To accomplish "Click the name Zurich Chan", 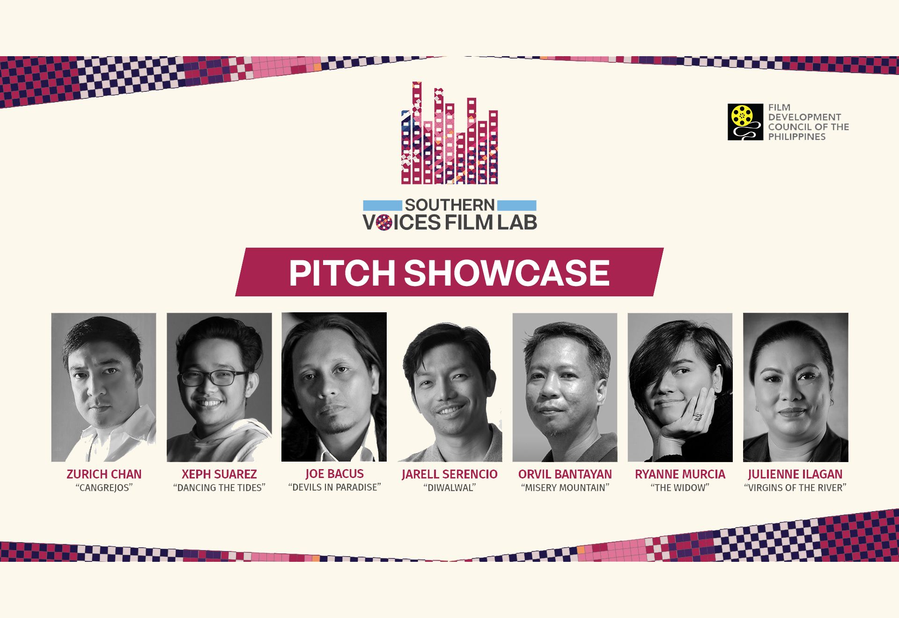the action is [104, 474].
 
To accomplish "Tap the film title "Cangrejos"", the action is [104, 488].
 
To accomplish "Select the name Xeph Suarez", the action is [219, 474].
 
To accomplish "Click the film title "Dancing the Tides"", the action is [219, 488].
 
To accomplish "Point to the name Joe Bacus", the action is [334, 474].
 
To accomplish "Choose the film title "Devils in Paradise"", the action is [334, 487].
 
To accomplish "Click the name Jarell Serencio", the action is [449, 474].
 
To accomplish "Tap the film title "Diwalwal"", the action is [449, 488].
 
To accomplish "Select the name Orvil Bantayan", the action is [565, 474].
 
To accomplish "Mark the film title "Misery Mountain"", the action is [565, 488].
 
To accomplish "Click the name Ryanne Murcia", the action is [680, 474].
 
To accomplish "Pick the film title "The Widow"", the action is [680, 488].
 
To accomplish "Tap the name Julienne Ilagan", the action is [795, 474].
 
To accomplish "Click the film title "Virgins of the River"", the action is [795, 488].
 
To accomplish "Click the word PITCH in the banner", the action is [342, 273].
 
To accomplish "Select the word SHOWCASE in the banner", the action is [507, 273].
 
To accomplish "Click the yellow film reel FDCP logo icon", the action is [745, 122].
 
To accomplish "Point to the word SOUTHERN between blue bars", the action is [449, 205].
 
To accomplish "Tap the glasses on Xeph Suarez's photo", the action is [214, 377].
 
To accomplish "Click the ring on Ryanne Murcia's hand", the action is [698, 416].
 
